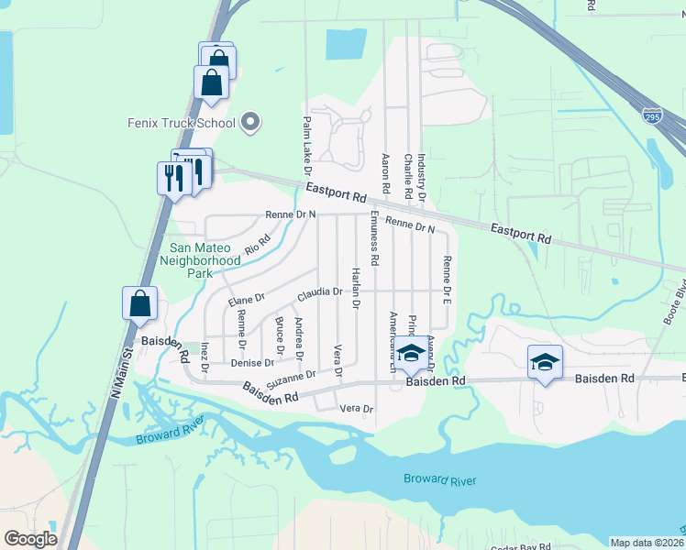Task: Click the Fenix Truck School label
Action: [183, 122]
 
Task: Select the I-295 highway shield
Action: [652, 115]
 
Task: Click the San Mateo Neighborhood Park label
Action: [200, 260]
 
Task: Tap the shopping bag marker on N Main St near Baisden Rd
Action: [139, 304]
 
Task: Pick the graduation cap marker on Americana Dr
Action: [412, 352]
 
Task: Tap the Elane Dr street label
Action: [246, 299]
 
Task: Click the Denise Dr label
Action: [247, 363]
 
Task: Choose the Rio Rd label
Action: [258, 245]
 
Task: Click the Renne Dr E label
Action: [448, 280]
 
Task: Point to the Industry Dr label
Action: [422, 178]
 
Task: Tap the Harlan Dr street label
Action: [356, 288]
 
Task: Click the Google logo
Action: [30, 539]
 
